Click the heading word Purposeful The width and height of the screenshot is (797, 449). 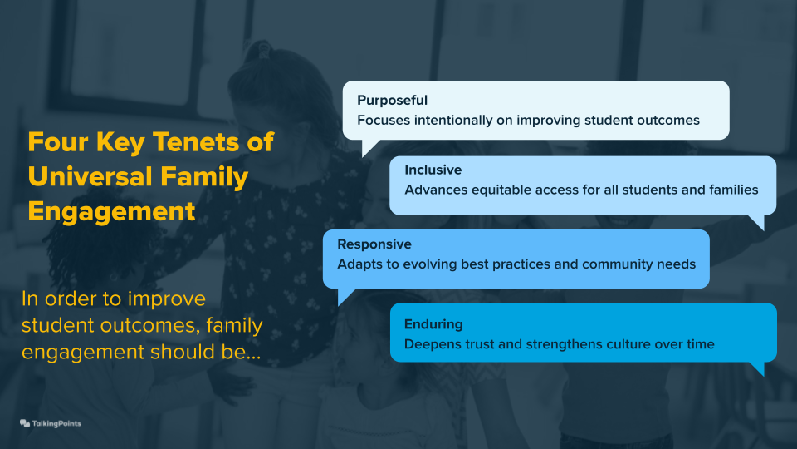[x=393, y=101]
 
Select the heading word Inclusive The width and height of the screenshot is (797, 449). [x=433, y=170]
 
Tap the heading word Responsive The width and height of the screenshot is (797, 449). [x=374, y=244]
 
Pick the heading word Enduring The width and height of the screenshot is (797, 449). [x=433, y=324]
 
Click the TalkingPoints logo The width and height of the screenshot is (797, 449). [x=51, y=423]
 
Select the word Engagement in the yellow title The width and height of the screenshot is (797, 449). [x=111, y=211]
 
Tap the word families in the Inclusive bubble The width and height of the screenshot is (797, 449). [x=731, y=190]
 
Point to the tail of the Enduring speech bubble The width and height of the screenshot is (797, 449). [x=756, y=368]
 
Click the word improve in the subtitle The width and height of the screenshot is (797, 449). [x=174, y=299]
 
